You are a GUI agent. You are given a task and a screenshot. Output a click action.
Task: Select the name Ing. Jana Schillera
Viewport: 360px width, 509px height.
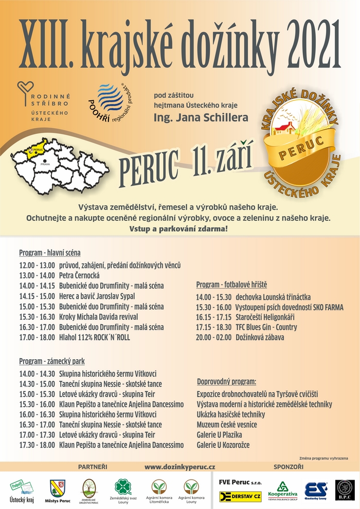[x=201, y=118]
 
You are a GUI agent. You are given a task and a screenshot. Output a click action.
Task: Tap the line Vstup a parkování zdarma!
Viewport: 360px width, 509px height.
[x=179, y=227]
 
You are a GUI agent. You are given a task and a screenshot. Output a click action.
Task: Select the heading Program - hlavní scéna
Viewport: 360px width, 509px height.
[x=49, y=253]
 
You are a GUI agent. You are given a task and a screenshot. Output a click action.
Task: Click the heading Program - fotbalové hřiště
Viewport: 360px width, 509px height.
[x=231, y=285]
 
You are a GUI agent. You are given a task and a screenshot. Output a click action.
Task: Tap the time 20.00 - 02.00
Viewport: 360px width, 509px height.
[x=213, y=338]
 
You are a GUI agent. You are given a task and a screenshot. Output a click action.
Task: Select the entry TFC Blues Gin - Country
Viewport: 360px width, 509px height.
[x=268, y=327]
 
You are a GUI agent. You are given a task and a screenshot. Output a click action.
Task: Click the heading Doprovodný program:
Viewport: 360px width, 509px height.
[x=226, y=382]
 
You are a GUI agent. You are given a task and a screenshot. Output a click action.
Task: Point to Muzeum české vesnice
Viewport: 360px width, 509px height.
[x=227, y=425]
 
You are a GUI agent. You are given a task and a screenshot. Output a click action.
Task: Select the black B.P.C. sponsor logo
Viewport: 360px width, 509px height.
[x=345, y=489]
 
